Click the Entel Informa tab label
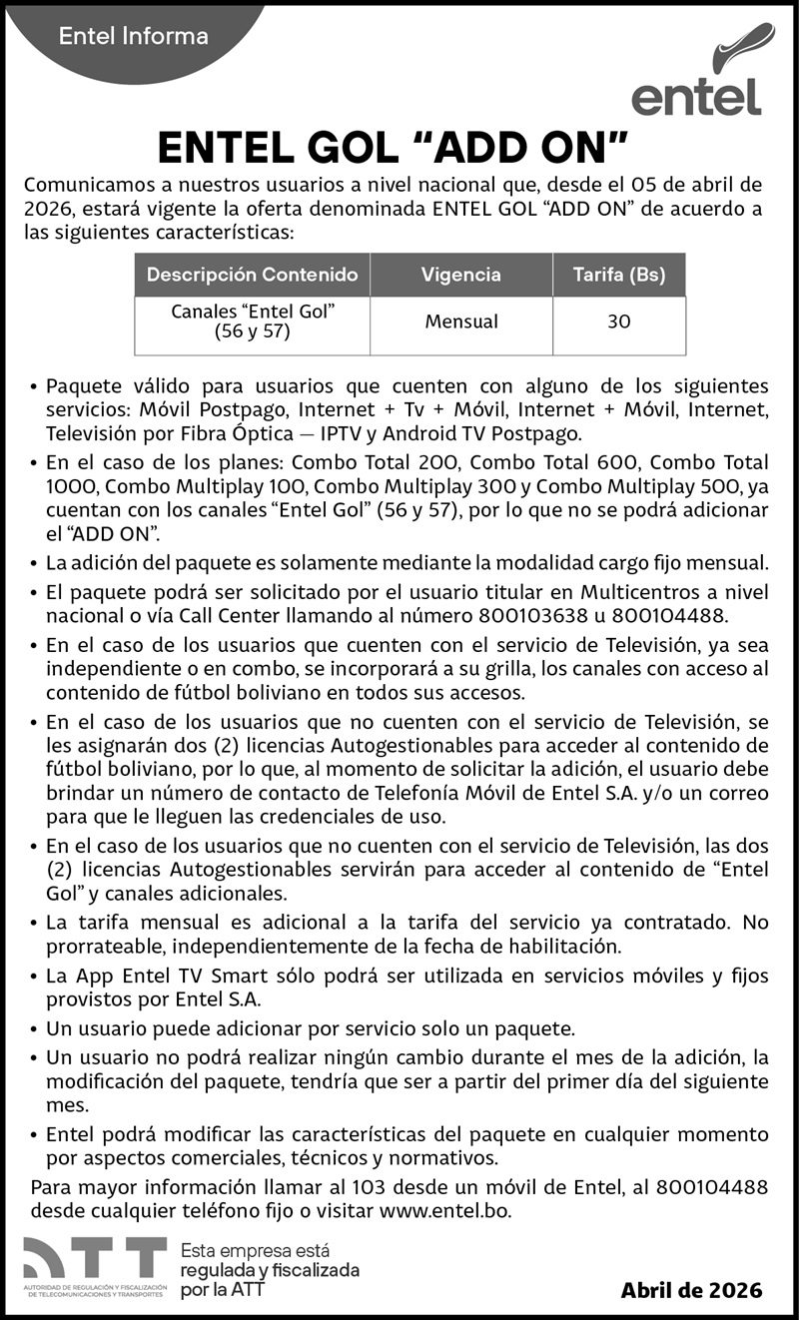click(x=134, y=37)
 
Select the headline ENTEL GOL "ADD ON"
click(x=393, y=148)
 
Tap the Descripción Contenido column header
click(x=252, y=275)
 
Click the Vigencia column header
click(x=460, y=275)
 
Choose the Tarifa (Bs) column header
click(x=618, y=275)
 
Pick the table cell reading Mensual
click(x=460, y=323)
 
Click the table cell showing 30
click(x=618, y=323)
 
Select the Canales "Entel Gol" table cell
click(x=252, y=322)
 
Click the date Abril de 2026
click(x=691, y=1290)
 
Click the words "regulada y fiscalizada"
click(x=269, y=1270)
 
